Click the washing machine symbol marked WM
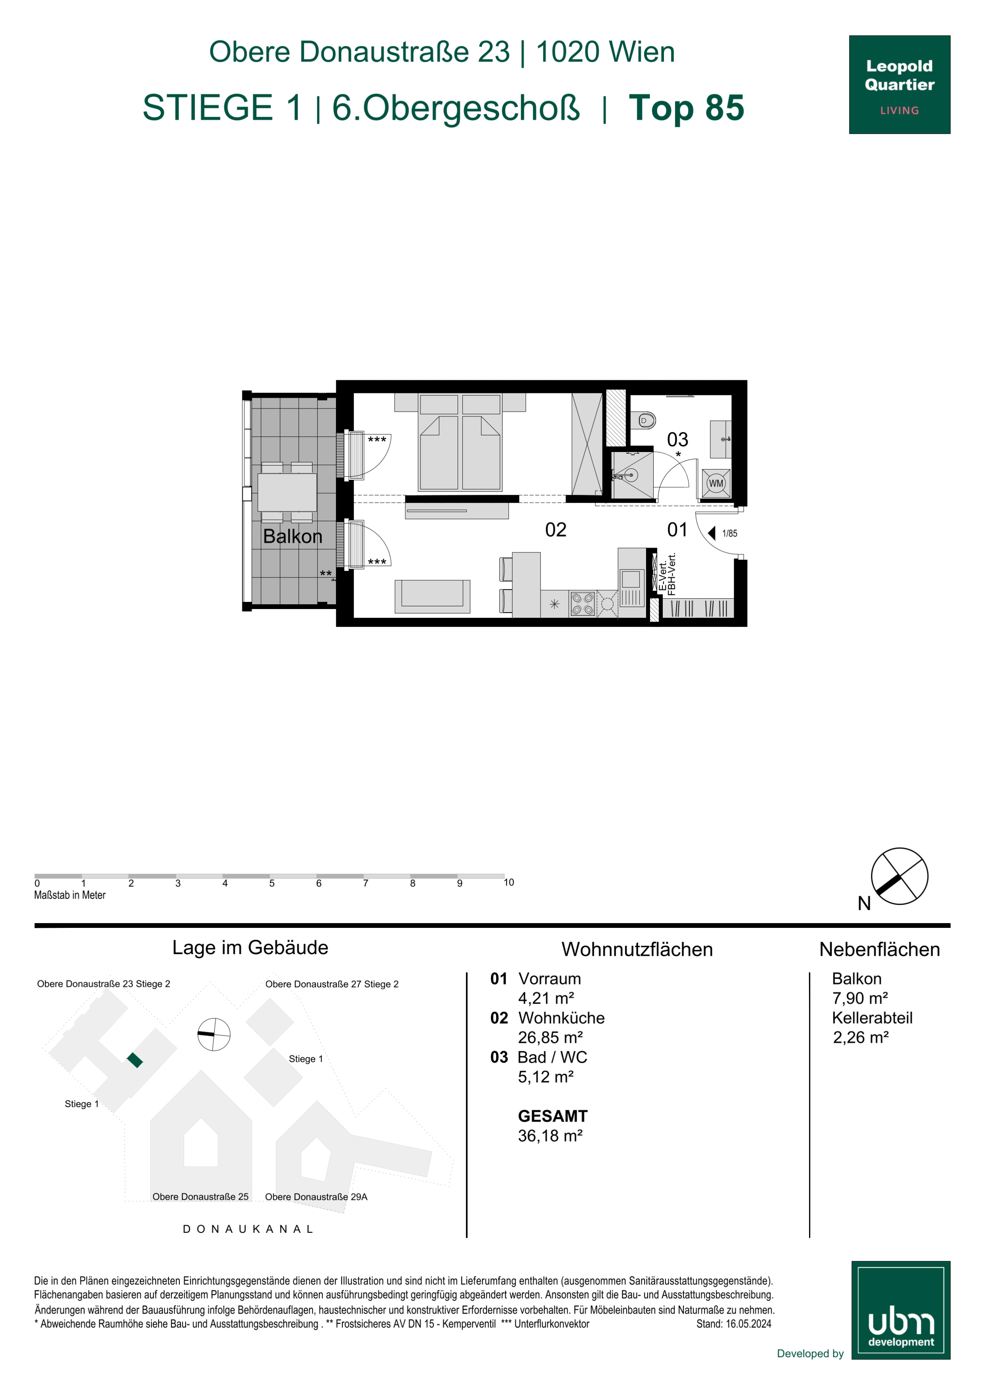coord(716,483)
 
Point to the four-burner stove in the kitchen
coord(582,604)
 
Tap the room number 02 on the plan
coord(555,530)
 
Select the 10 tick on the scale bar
coord(509,882)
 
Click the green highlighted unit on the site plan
coord(135,1060)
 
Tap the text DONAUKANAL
coord(248,1229)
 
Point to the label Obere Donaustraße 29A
coord(316,1197)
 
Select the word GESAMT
coord(553,1116)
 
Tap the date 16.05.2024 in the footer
coord(748,1324)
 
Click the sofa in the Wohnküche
coord(432,596)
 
